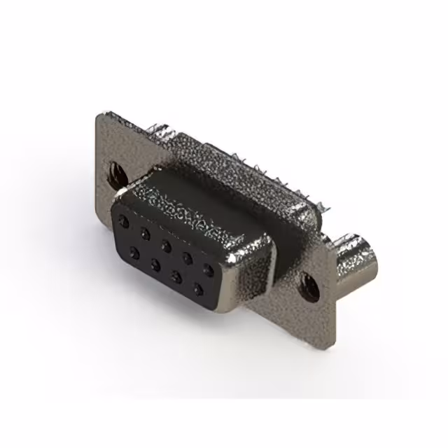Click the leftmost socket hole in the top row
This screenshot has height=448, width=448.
tap(124, 221)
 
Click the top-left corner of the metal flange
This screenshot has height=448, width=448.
tap(99, 113)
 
